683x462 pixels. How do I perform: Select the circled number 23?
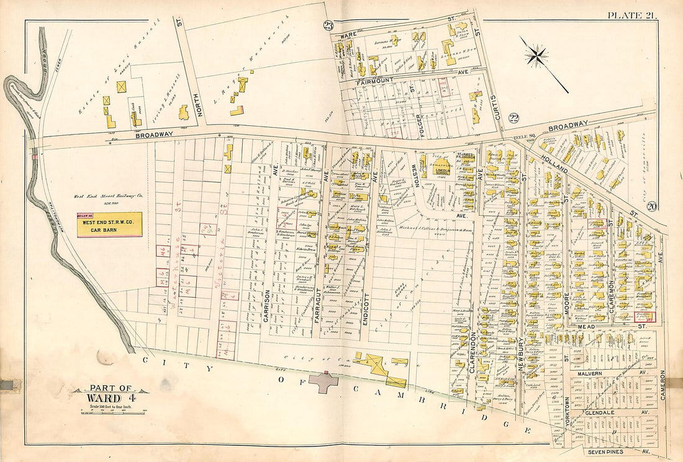(328, 25)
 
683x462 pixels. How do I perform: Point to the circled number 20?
(651, 207)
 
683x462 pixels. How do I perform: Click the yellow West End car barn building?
(109, 224)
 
